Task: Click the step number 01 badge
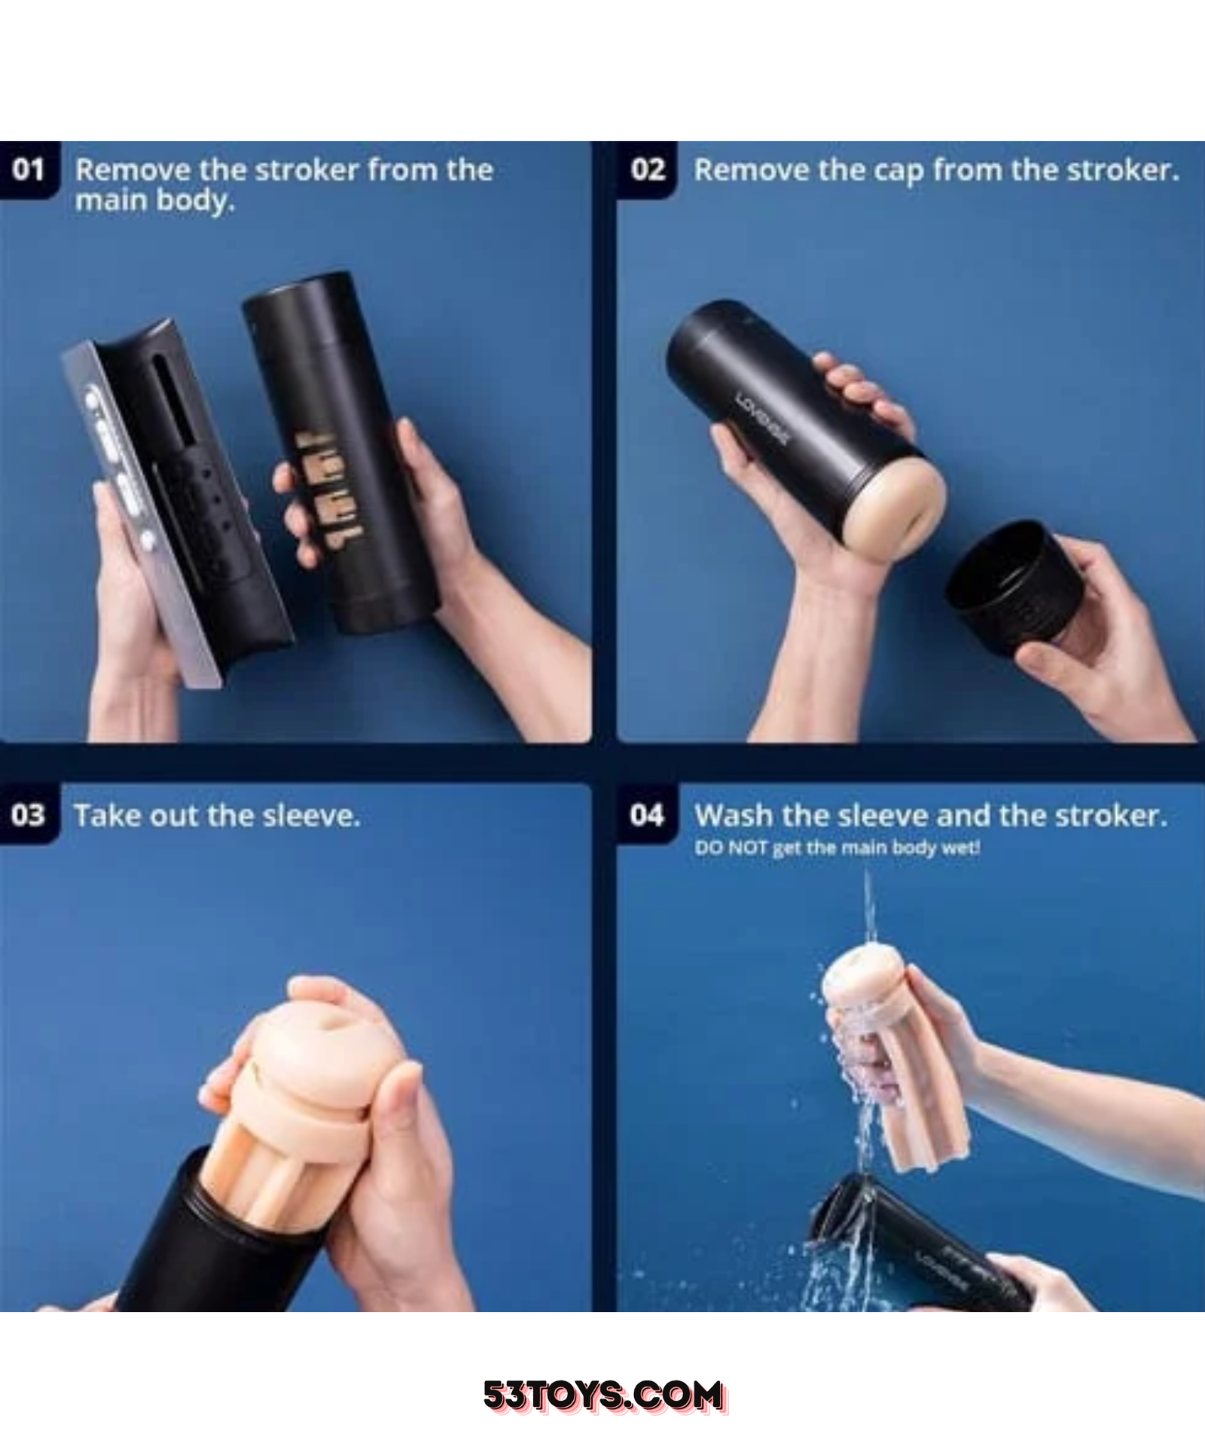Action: (x=29, y=170)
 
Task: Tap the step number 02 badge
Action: (x=647, y=170)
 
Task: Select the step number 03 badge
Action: (x=29, y=815)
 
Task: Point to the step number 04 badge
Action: (x=647, y=815)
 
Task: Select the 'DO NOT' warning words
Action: (x=731, y=848)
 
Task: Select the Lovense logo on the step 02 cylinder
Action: (x=764, y=419)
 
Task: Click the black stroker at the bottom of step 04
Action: (x=919, y=1246)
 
